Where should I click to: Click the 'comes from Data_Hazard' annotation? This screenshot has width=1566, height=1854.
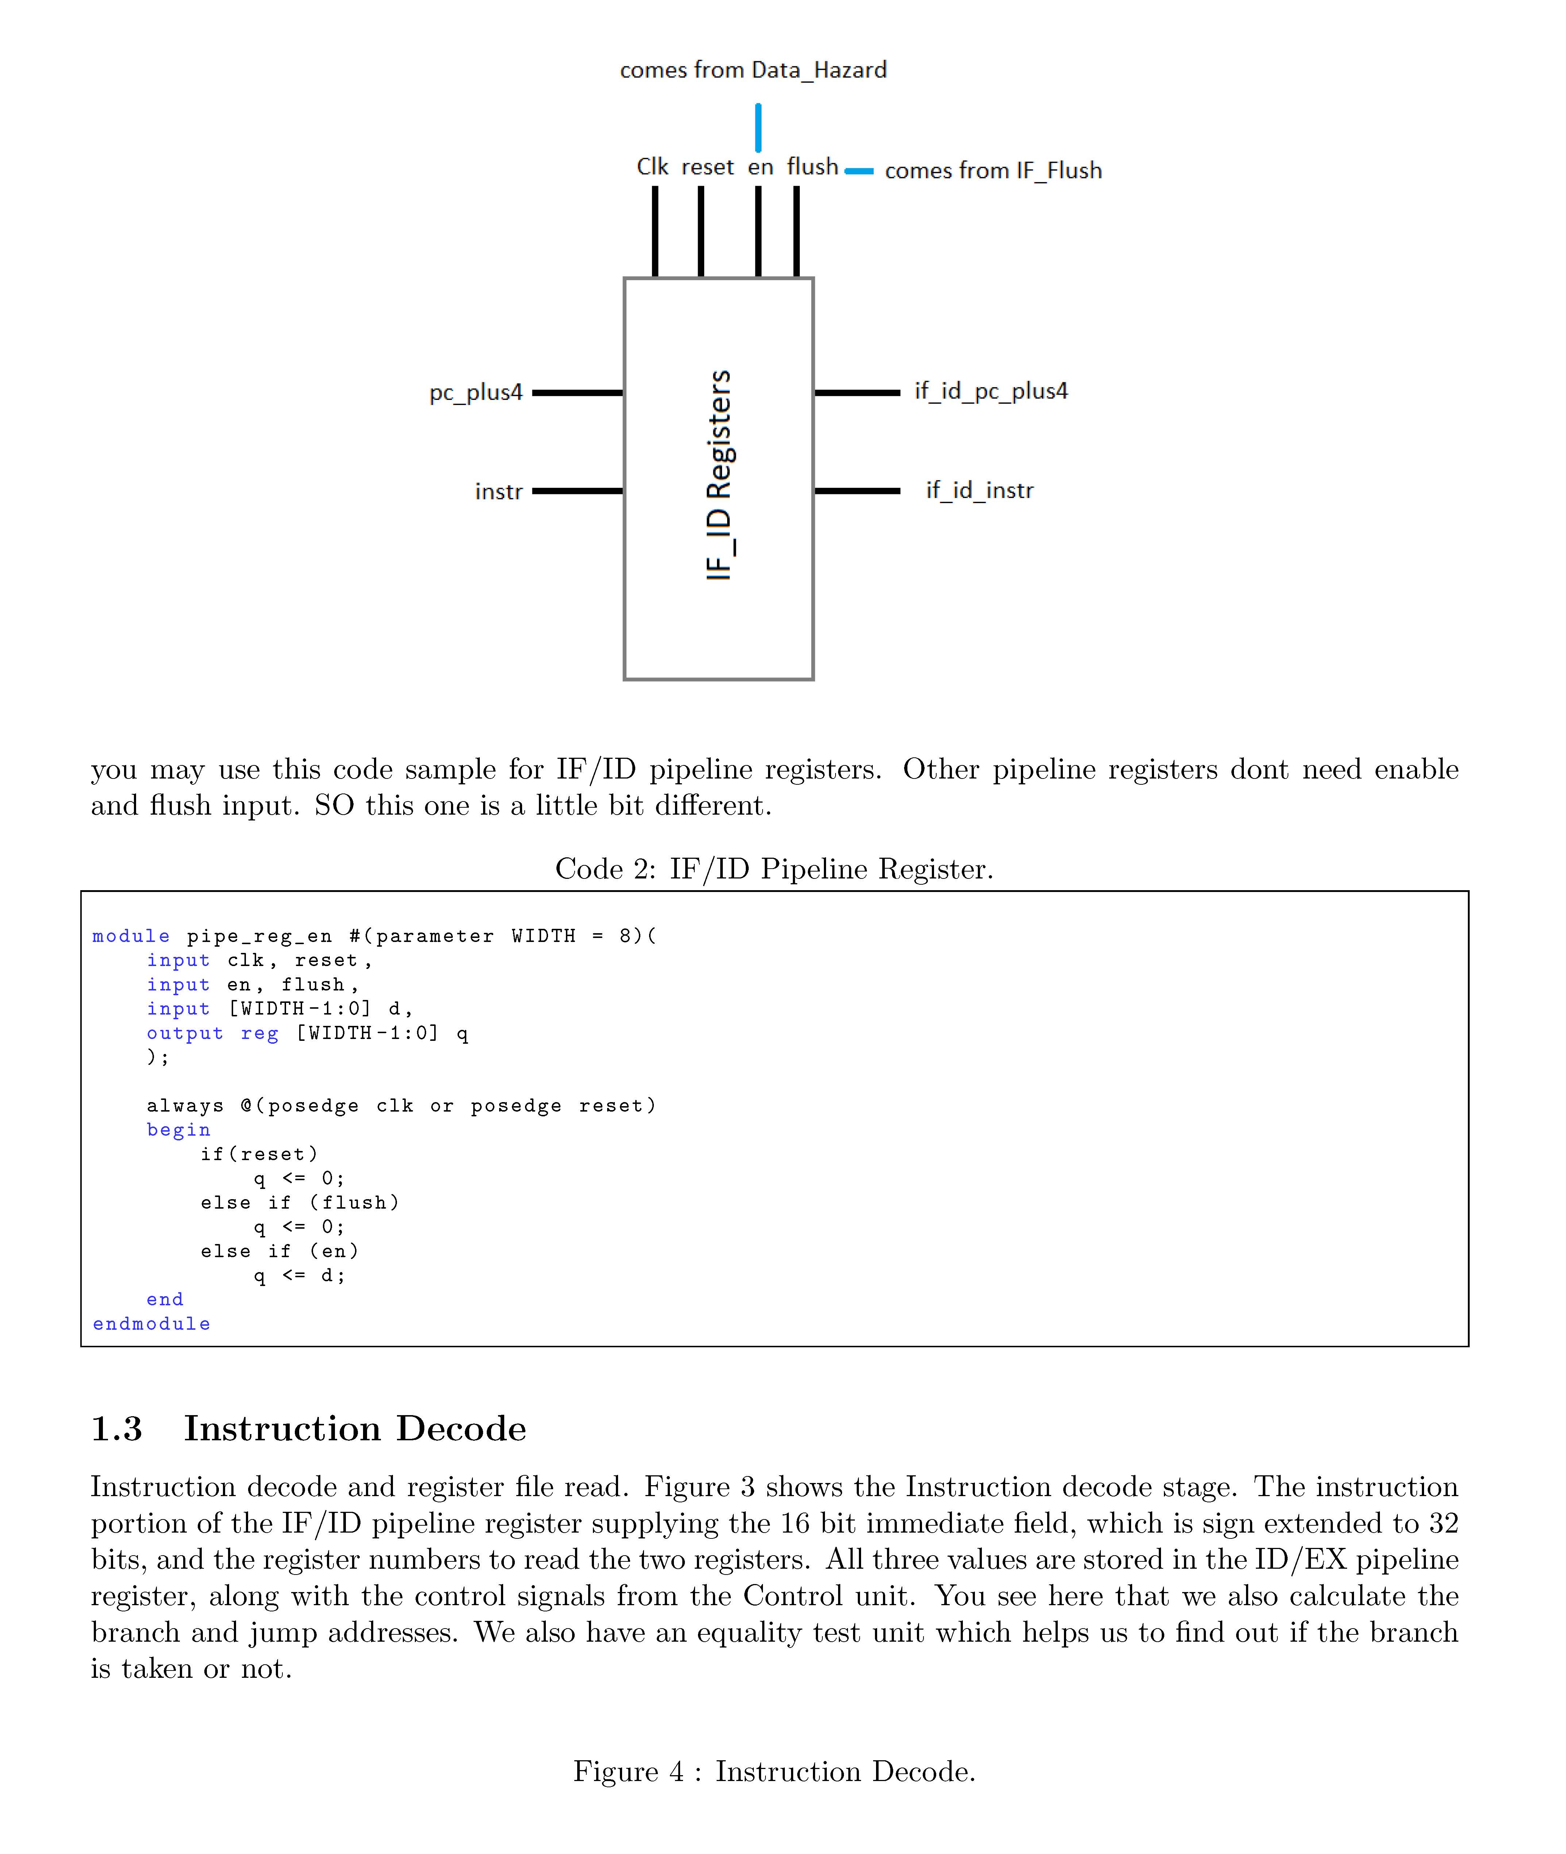pos(753,70)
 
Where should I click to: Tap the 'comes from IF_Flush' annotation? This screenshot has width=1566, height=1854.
pos(992,170)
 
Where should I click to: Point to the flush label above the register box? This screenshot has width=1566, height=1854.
pos(812,167)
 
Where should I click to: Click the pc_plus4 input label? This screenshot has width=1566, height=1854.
pos(476,392)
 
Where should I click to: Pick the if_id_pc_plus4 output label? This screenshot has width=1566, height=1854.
pos(991,391)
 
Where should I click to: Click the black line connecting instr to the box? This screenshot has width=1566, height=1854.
pos(577,491)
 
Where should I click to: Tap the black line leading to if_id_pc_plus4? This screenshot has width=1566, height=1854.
pos(857,392)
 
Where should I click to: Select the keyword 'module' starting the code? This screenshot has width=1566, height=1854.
pos(131,936)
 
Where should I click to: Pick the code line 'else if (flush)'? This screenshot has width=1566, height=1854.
pos(300,1202)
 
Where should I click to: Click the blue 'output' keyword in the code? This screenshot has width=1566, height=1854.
pos(185,1033)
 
